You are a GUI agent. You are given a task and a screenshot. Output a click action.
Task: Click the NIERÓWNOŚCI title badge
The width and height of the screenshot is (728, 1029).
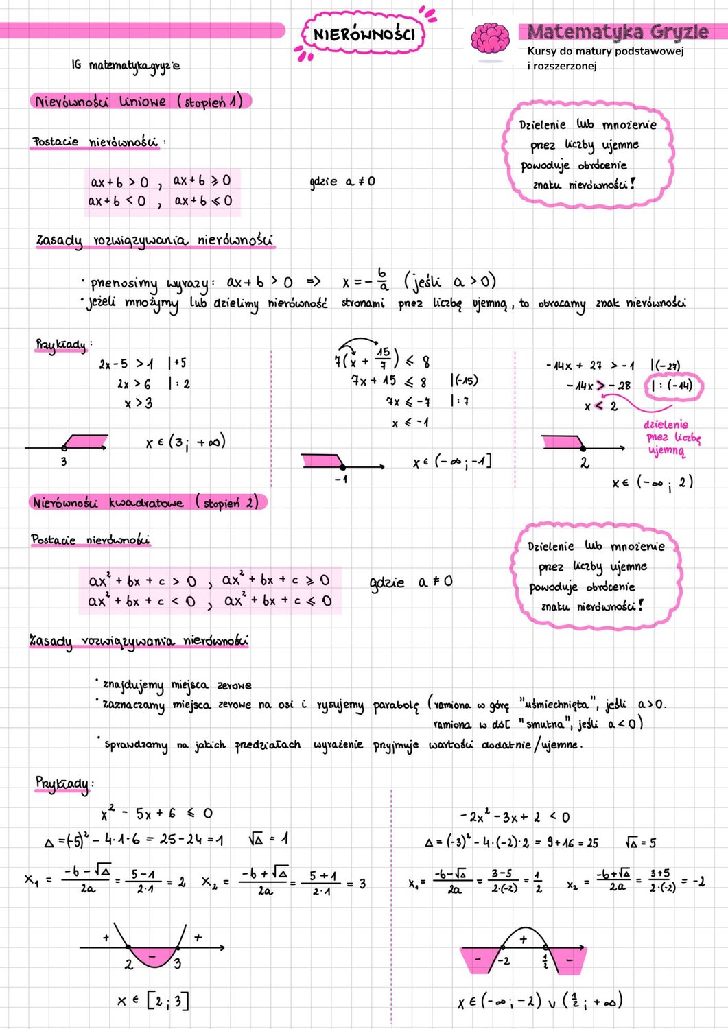coord(364,34)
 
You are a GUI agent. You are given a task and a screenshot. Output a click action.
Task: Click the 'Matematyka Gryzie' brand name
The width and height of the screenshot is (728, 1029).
coord(618,32)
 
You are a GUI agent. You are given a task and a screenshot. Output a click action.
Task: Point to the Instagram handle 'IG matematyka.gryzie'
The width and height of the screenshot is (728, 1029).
coord(126,65)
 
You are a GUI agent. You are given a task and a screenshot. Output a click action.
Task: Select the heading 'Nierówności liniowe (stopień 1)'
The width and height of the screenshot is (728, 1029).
coord(139,102)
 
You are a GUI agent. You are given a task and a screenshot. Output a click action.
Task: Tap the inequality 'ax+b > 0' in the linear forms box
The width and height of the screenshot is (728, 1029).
coord(119,182)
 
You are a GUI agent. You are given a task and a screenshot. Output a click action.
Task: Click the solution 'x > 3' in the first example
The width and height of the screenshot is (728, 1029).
coord(138,403)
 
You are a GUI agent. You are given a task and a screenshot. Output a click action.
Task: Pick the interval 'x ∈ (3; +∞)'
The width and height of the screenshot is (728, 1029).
coord(185,442)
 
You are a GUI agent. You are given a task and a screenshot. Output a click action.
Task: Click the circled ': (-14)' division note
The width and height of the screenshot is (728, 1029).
coord(672,386)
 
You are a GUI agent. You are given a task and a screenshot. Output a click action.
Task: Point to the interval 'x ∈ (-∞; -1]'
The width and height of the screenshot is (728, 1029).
coord(453,462)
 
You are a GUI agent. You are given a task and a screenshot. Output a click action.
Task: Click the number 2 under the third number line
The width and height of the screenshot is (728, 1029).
coord(585,463)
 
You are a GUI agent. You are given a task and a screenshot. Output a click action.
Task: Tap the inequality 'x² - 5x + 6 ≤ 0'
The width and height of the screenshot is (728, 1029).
coord(157,814)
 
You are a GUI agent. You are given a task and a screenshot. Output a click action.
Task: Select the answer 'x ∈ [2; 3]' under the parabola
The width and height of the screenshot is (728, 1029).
coord(152,1001)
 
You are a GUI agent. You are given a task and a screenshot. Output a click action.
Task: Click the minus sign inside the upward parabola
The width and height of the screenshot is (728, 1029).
coord(153,954)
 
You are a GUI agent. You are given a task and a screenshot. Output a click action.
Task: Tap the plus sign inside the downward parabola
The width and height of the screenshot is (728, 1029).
coord(524,940)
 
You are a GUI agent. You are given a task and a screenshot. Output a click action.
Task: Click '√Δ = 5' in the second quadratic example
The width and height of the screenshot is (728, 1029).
coord(641,842)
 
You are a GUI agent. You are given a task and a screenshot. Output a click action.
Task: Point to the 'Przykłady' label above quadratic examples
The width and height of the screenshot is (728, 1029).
coord(62,783)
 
